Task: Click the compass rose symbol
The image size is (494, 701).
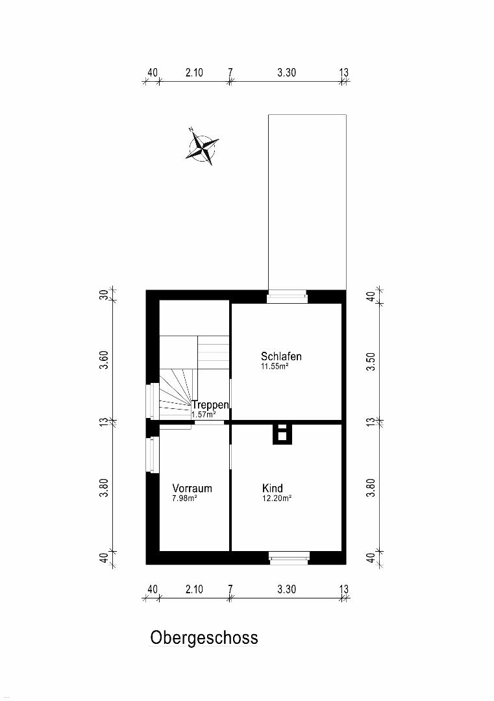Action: [x=202, y=146]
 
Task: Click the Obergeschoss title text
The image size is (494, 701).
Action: [x=204, y=637]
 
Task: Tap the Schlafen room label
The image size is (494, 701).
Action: [x=281, y=356]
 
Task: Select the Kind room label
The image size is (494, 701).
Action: [x=272, y=487]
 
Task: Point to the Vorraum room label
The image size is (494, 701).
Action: [x=192, y=488]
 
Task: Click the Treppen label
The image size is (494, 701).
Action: [x=210, y=405]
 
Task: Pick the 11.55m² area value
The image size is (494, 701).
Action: [x=275, y=367]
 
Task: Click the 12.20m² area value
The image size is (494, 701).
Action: [x=277, y=498]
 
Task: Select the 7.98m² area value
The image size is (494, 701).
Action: [x=185, y=498]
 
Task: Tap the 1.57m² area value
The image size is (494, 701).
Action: [x=204, y=414]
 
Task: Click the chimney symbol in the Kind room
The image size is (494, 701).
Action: [x=282, y=434]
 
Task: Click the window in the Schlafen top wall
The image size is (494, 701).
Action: [x=287, y=296]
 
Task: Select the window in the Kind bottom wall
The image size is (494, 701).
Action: [x=289, y=558]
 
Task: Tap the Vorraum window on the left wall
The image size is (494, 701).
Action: [x=153, y=454]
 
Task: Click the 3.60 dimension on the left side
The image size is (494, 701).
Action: [x=104, y=360]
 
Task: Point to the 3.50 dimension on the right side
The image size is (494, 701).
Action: [x=371, y=362]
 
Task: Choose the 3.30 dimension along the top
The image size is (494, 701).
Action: [x=286, y=73]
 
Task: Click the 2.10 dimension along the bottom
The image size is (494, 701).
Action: [x=195, y=589]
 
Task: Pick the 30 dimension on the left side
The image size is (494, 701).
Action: [x=104, y=295]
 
